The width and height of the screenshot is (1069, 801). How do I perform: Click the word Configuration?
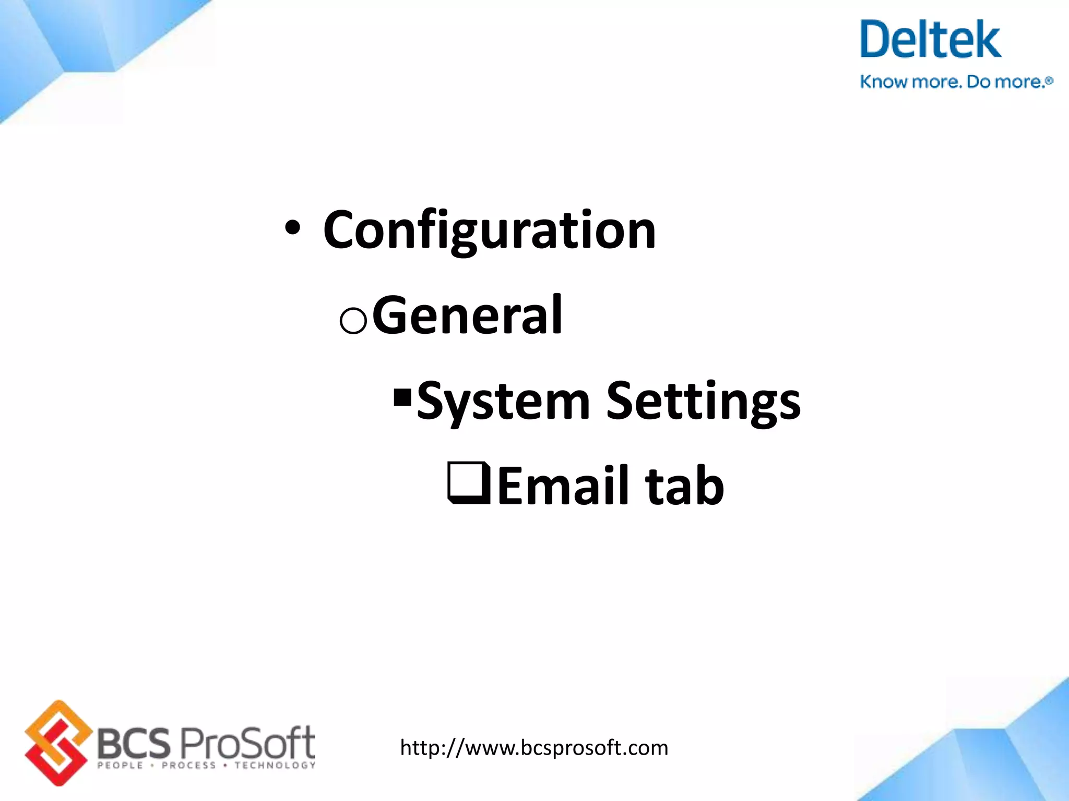pos(489,230)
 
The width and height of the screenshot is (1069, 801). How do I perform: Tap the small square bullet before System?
pos(402,397)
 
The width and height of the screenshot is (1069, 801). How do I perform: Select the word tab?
pos(684,486)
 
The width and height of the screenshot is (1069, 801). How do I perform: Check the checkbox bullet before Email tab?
pos(468,483)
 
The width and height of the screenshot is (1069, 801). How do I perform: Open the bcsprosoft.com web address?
pos(534,748)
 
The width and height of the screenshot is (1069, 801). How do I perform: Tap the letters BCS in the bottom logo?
pos(134,743)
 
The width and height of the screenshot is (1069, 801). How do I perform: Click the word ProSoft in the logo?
pos(247,742)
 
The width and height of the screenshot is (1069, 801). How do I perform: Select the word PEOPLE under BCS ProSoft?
pos(120,766)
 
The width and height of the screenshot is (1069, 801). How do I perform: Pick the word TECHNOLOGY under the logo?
pos(275,766)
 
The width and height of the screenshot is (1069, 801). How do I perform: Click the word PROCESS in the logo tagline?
pos(188,766)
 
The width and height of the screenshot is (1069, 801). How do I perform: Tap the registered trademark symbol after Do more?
pos(1050,81)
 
